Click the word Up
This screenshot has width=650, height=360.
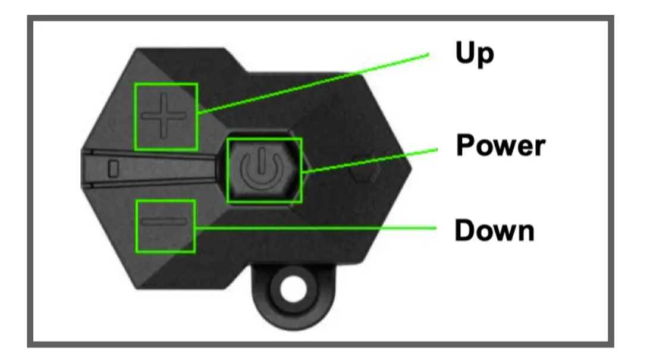tap(475, 54)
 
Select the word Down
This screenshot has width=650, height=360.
tap(494, 230)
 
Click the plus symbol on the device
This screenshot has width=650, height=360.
tap(165, 116)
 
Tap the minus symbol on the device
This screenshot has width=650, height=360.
tap(165, 223)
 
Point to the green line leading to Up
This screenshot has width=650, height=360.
tap(315, 83)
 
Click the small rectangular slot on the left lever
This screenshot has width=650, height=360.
tap(113, 168)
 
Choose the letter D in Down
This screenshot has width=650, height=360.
tap(464, 230)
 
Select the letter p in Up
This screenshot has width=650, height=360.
tap(485, 56)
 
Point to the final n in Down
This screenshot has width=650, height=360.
tap(525, 232)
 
